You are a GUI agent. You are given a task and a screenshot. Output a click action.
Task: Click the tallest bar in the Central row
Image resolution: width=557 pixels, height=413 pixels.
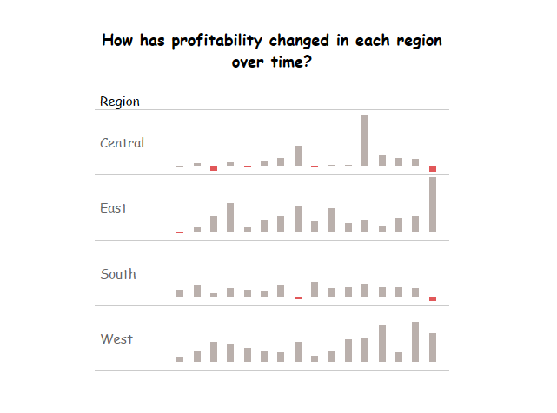(x=365, y=141)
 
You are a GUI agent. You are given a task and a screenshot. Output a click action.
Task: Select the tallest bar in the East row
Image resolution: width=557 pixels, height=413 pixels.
(x=433, y=205)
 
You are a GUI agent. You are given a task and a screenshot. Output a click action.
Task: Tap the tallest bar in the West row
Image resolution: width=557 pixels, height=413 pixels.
(x=415, y=342)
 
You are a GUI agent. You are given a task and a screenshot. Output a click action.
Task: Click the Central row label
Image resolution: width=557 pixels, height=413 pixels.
(x=123, y=143)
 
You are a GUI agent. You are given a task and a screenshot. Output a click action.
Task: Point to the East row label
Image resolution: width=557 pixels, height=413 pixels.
(x=113, y=208)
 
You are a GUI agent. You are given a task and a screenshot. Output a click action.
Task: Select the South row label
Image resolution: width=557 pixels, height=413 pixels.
(x=118, y=274)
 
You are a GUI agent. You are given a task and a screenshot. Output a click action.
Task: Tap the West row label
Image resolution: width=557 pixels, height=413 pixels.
(x=116, y=339)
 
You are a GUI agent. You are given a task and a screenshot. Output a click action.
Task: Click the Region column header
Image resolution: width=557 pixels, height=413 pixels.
(x=120, y=102)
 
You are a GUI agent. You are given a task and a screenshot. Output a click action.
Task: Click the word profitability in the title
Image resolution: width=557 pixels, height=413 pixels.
(x=216, y=41)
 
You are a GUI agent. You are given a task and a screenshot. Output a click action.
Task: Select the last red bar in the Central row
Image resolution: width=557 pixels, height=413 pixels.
(x=433, y=168)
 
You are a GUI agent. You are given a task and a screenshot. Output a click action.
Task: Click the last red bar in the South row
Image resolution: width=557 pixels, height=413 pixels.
(x=433, y=298)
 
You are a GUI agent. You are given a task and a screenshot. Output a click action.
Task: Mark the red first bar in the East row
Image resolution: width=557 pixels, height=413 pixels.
(x=180, y=233)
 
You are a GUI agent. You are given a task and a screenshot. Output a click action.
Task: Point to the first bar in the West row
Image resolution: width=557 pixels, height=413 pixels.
(x=180, y=359)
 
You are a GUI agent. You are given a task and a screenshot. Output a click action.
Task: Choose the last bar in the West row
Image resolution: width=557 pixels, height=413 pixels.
(x=433, y=347)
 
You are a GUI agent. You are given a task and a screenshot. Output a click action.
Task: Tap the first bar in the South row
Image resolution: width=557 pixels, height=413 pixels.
(x=180, y=293)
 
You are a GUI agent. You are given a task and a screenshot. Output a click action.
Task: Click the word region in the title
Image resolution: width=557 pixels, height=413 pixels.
(x=419, y=41)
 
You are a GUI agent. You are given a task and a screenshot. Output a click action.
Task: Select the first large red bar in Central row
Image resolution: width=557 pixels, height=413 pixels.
(x=214, y=168)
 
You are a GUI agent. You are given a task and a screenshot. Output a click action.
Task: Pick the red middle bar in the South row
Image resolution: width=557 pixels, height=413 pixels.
(x=298, y=298)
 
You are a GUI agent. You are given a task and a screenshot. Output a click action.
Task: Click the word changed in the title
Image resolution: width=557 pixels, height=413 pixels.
(x=299, y=41)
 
